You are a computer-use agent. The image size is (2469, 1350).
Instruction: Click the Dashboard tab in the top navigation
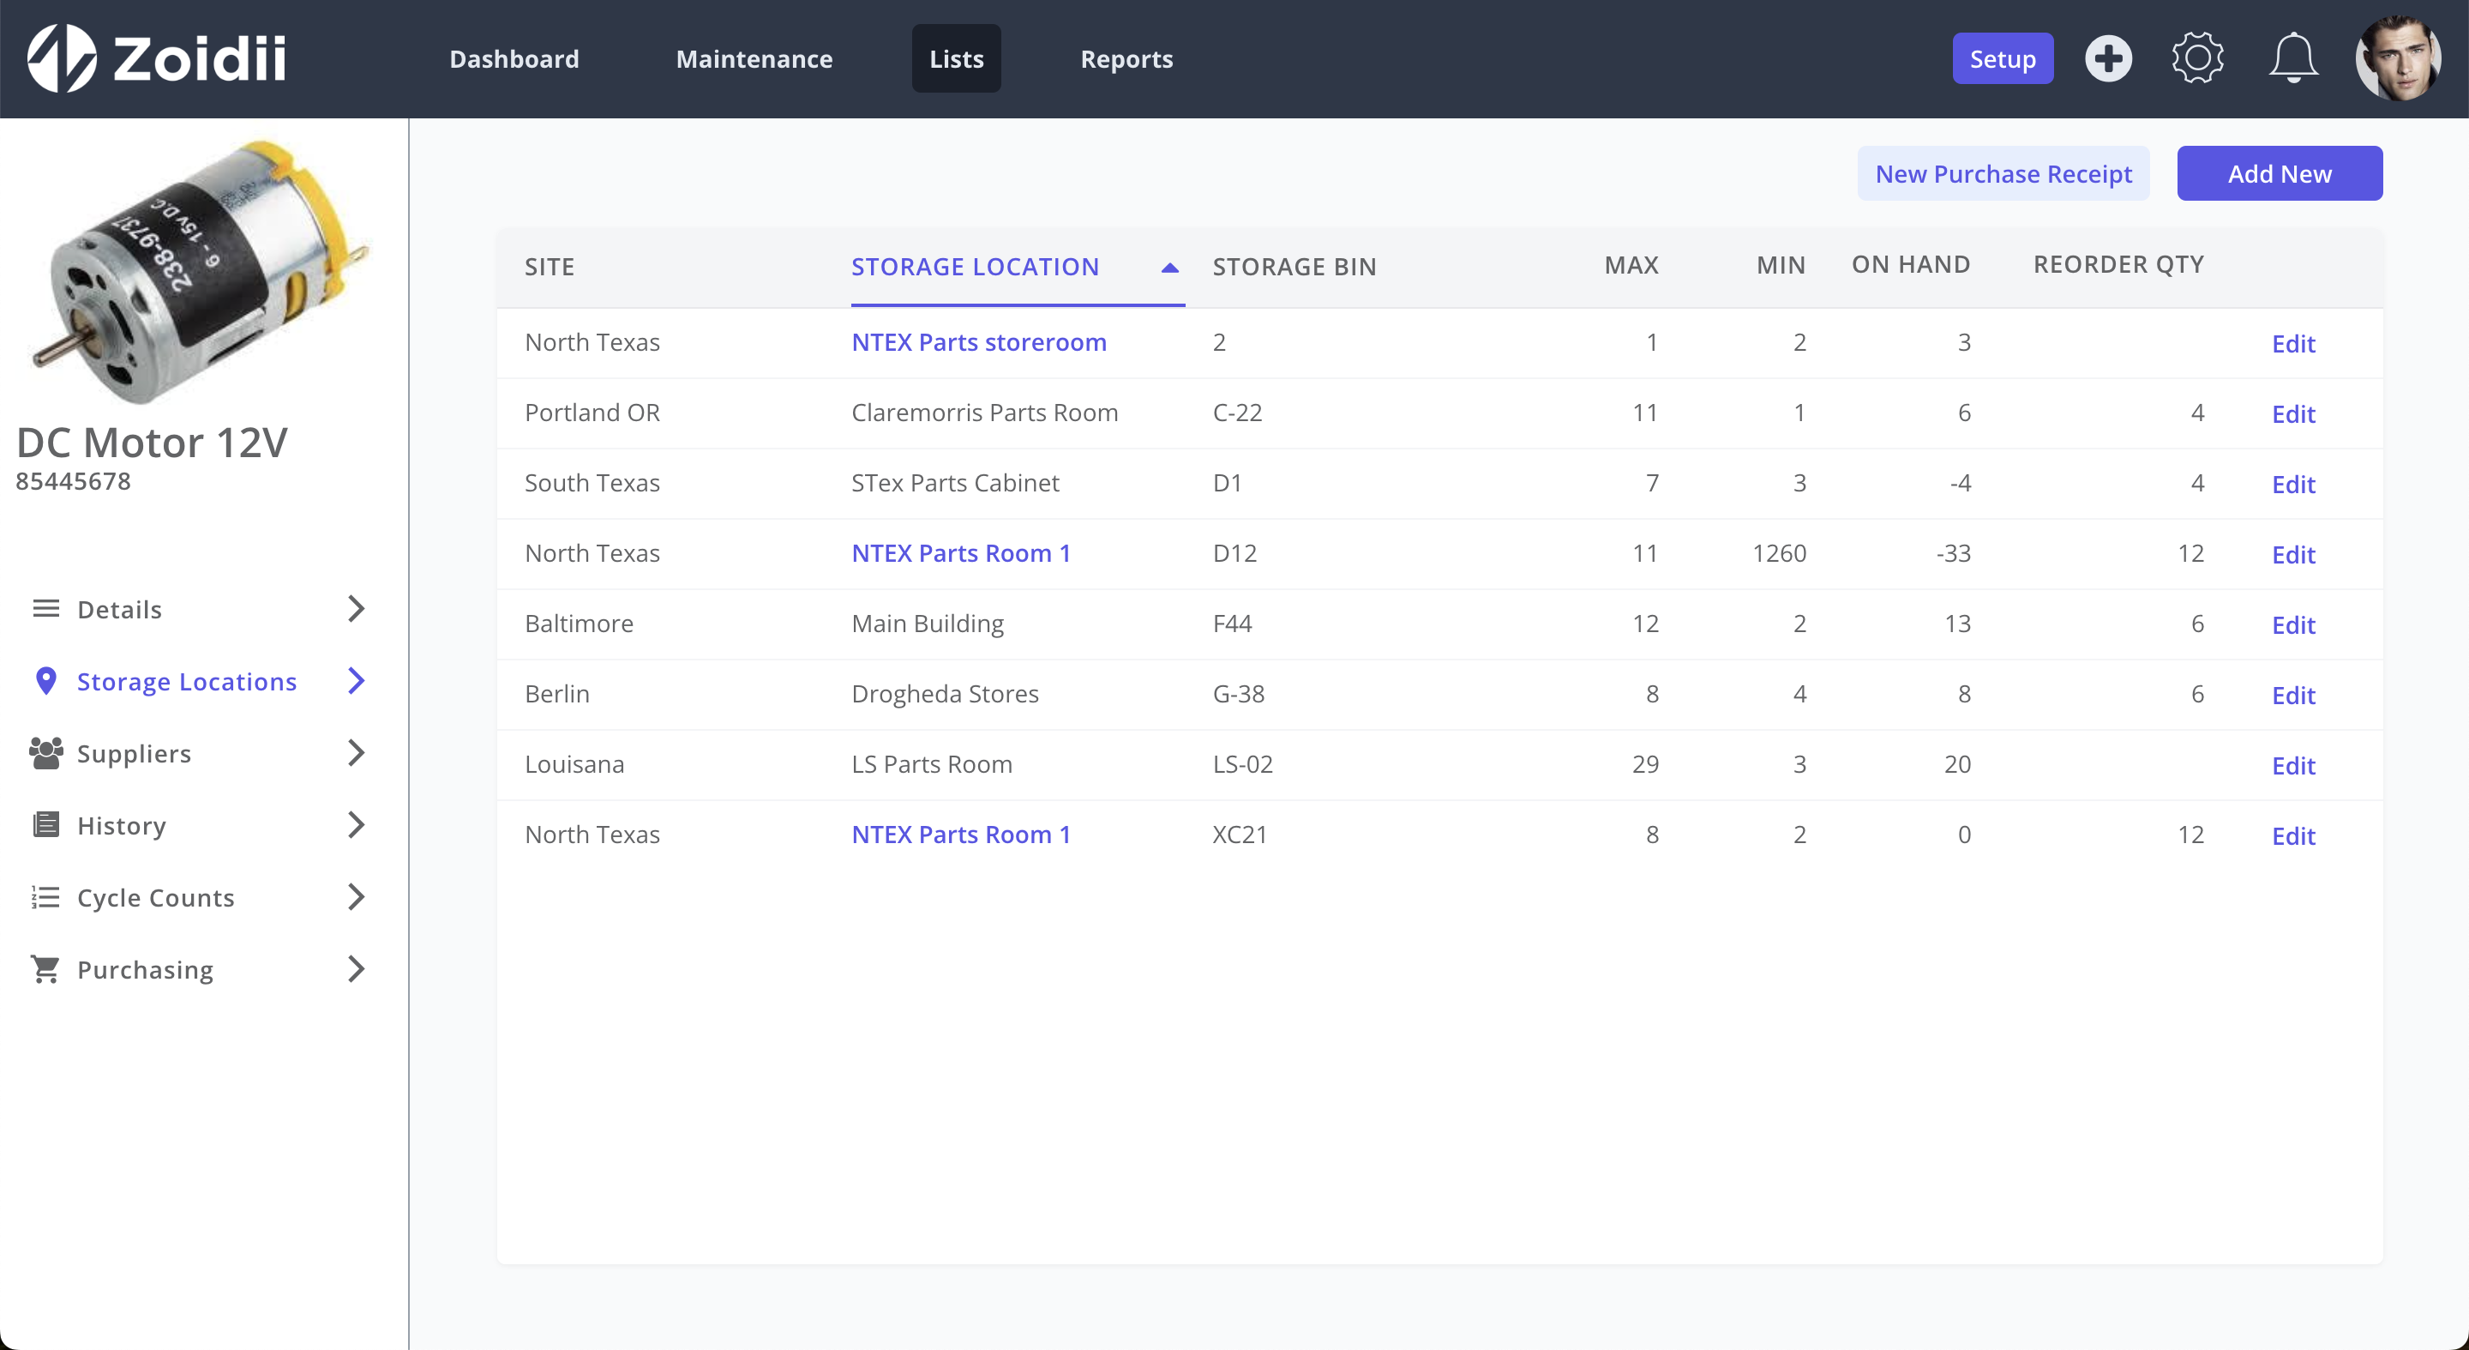514,58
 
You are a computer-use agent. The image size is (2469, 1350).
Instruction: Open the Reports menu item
1126,58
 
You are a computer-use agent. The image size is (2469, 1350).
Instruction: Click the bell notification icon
2292,58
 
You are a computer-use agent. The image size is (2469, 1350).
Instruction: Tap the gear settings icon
2196,58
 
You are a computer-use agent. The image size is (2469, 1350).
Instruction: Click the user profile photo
2397,58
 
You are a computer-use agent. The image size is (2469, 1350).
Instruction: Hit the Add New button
2280,173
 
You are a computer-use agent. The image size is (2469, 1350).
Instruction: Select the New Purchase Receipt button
2003,173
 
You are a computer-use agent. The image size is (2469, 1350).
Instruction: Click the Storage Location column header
975,267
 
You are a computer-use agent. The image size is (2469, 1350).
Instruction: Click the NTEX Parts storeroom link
978,342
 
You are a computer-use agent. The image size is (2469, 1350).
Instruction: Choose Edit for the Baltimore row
2293,625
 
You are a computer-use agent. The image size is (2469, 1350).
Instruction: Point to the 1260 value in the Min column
1779,553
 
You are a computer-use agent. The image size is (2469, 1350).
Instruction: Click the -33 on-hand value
1954,553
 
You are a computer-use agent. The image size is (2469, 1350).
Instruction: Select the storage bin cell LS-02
1242,764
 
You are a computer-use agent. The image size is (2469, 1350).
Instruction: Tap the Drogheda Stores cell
945,694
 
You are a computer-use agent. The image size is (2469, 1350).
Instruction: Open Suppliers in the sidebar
135,754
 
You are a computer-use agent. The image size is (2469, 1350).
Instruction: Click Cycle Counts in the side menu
155,897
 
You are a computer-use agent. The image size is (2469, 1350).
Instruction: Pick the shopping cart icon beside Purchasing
45,969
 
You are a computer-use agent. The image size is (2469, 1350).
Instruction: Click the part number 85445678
73,481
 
